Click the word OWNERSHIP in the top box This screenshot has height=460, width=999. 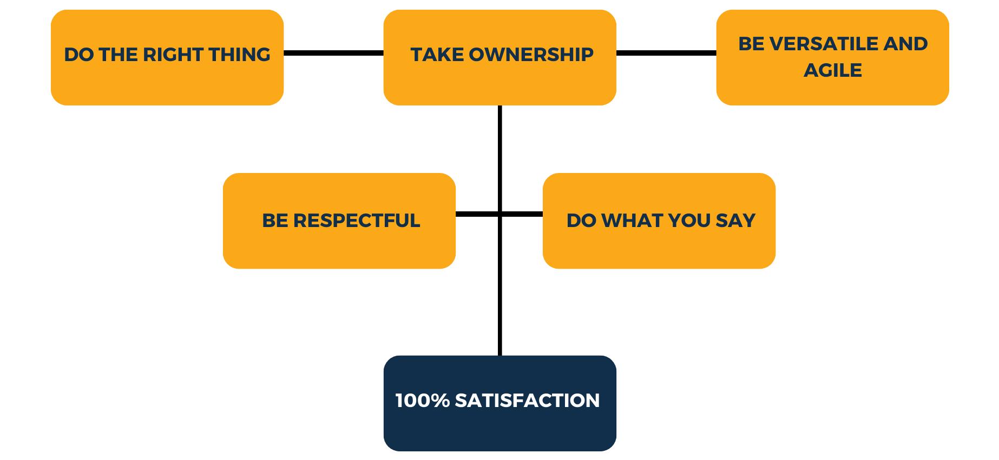pyautogui.click(x=531, y=55)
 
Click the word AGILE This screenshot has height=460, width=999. pyautogui.click(x=832, y=70)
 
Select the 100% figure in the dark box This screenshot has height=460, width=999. pyautogui.click(x=422, y=401)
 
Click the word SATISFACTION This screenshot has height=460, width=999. pyautogui.click(x=527, y=401)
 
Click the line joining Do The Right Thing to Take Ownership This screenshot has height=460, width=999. pyautogui.click(x=333, y=53)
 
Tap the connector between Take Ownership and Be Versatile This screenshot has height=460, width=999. pyautogui.click(x=666, y=53)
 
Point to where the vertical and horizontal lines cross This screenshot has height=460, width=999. pyautogui.click(x=500, y=215)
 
